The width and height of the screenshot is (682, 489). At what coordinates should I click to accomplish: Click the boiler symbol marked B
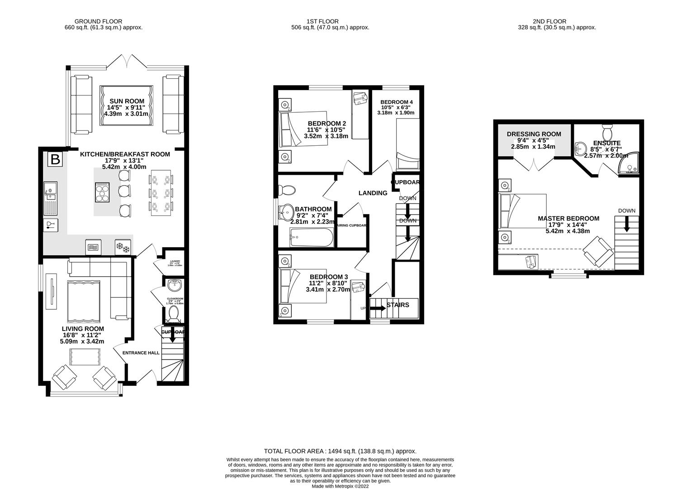(x=55, y=159)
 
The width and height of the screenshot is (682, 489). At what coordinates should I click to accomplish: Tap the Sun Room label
(x=127, y=101)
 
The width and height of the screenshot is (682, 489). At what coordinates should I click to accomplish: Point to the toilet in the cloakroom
(x=173, y=313)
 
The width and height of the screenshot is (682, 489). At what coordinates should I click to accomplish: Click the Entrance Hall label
(x=141, y=352)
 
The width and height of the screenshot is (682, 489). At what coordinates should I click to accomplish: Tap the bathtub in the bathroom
(x=312, y=236)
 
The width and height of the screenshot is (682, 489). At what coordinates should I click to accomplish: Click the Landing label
(x=373, y=193)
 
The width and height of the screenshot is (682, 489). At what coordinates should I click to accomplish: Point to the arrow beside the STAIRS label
(x=378, y=308)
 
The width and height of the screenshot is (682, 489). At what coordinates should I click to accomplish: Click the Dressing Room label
(x=534, y=134)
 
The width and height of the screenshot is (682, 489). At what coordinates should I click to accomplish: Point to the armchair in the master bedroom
(x=598, y=252)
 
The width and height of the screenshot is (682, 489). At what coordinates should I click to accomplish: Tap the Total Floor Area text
(x=340, y=451)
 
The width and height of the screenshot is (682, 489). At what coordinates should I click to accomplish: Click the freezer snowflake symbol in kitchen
(x=123, y=247)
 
